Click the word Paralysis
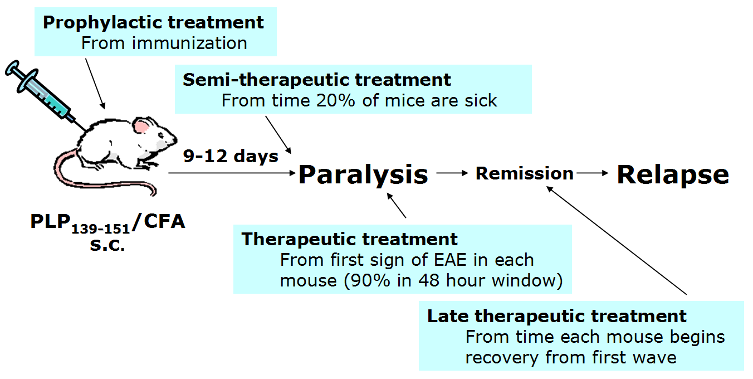coord(363,176)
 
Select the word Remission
coord(525,173)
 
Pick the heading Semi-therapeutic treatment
coord(317,80)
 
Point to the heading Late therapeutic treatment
coord(557,317)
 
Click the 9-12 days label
coord(231,156)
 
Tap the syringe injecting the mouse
coord(45,95)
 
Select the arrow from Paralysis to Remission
coord(452,173)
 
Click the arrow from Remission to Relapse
coord(592,173)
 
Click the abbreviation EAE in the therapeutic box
coord(450,260)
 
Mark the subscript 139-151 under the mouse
coord(100,229)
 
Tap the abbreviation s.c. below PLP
coord(107,245)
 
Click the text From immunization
coord(164,43)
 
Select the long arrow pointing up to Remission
coord(617,240)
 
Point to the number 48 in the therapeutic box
coord(429,280)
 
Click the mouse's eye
coord(161,135)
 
